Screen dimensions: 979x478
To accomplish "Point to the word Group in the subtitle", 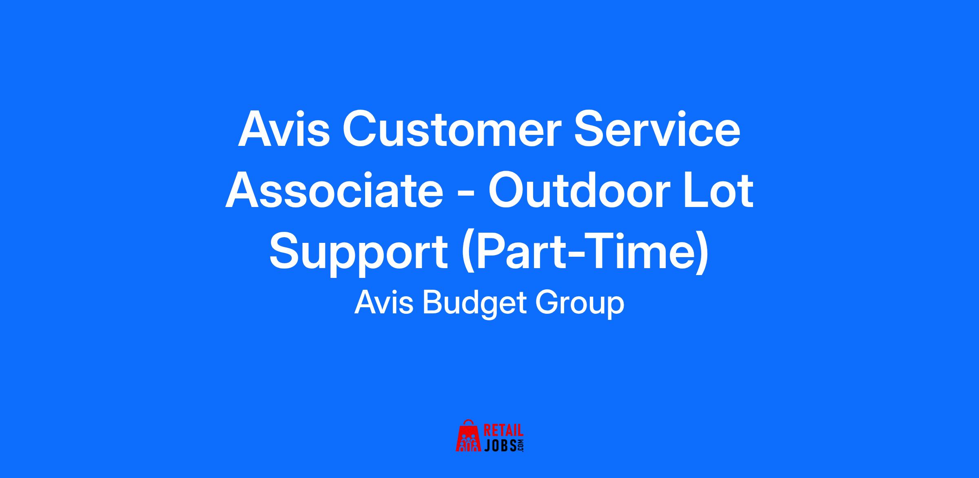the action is (579, 305).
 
